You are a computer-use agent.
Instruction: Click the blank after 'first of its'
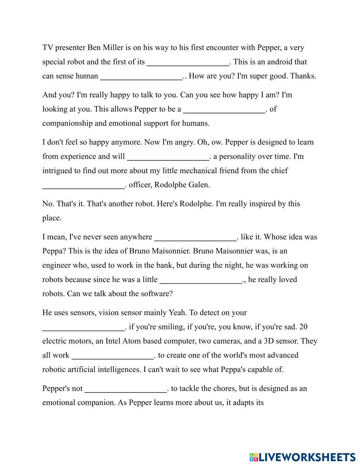click(188, 62)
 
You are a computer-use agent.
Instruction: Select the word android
click(276, 62)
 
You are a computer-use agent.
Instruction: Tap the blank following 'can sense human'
click(141, 76)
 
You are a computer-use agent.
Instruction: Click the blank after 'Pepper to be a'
click(224, 109)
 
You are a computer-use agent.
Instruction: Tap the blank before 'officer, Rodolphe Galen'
click(83, 185)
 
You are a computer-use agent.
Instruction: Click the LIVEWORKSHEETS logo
click(302, 457)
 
